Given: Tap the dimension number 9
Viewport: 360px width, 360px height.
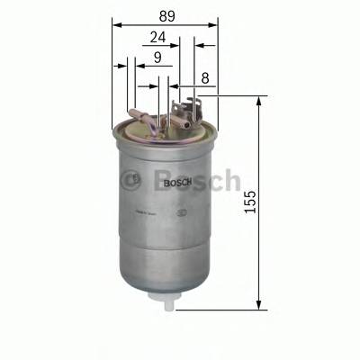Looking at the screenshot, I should [x=157, y=58].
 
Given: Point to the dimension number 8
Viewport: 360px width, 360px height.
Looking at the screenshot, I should [x=205, y=78].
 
